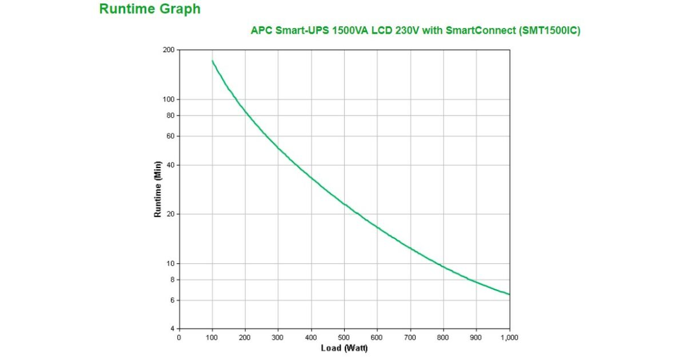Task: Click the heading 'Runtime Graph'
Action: click(x=150, y=9)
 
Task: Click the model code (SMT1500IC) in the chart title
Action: click(x=550, y=31)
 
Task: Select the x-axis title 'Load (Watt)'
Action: click(x=344, y=348)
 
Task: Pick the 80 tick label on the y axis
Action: click(x=170, y=115)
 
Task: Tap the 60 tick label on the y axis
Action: click(x=170, y=136)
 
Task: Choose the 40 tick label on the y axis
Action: click(x=170, y=165)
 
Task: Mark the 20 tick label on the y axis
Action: click(x=170, y=214)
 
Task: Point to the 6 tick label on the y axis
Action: click(x=171, y=300)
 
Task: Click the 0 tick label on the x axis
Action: click(x=179, y=338)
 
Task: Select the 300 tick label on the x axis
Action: click(x=278, y=338)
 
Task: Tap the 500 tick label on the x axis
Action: click(x=344, y=338)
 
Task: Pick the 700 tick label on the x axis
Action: click(x=410, y=338)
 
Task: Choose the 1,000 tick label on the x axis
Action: click(x=509, y=338)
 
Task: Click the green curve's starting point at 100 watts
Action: click(x=212, y=61)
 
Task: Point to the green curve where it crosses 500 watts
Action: click(x=344, y=204)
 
